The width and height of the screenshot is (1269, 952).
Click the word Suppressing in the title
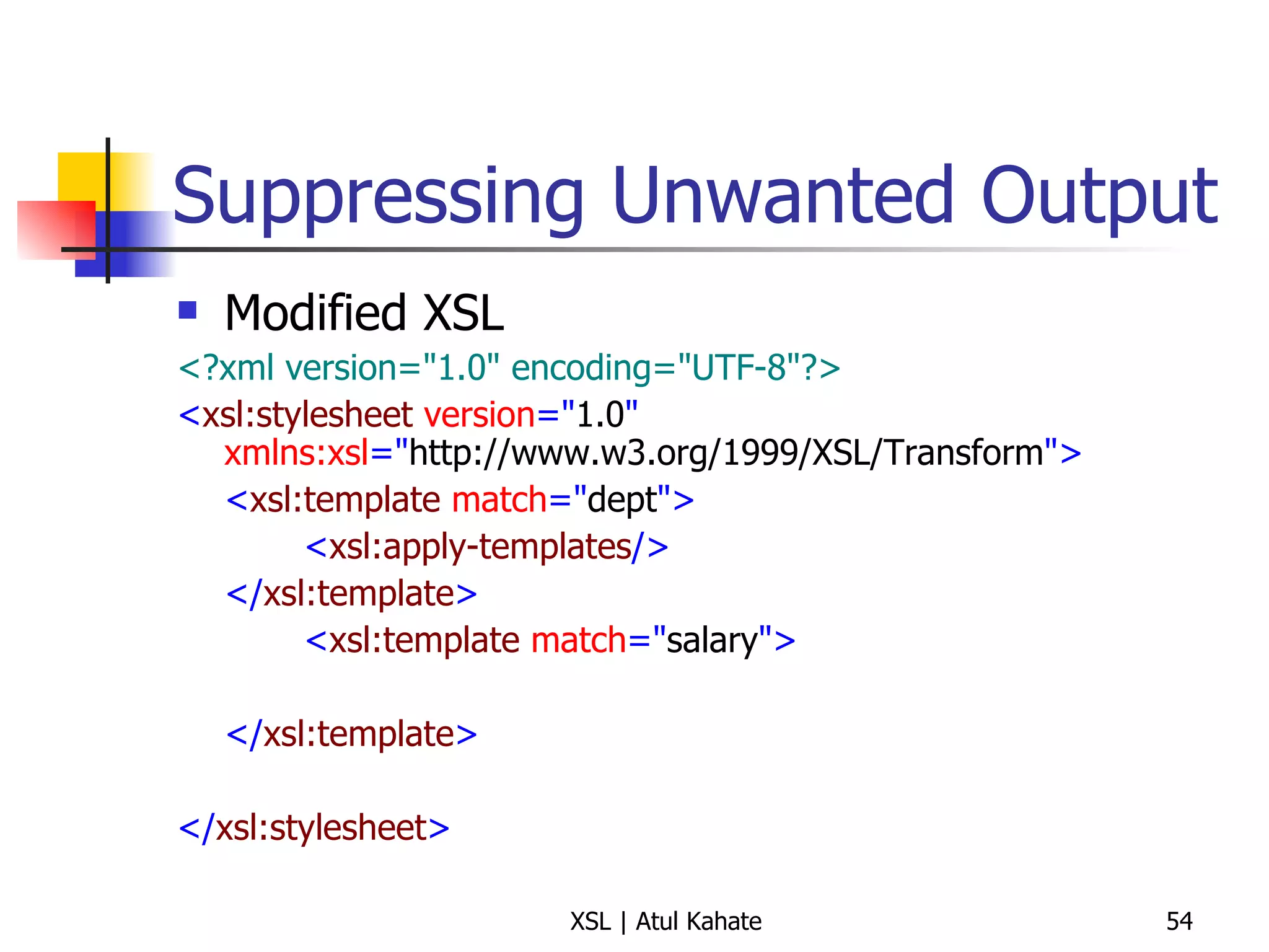coord(377,197)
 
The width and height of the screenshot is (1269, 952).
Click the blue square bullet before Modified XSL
coord(187,310)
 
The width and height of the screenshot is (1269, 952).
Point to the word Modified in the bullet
coord(315,313)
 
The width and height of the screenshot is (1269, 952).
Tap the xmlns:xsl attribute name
coord(296,453)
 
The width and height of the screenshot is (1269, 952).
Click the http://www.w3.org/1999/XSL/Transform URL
coord(726,453)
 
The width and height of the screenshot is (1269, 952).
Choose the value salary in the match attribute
coord(712,641)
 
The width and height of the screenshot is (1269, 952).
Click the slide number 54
coord(1179,922)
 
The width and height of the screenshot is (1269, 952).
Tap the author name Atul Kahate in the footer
coord(698,922)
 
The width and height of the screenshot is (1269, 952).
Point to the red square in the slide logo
coord(50,229)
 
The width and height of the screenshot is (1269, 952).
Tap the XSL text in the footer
coord(590,922)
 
